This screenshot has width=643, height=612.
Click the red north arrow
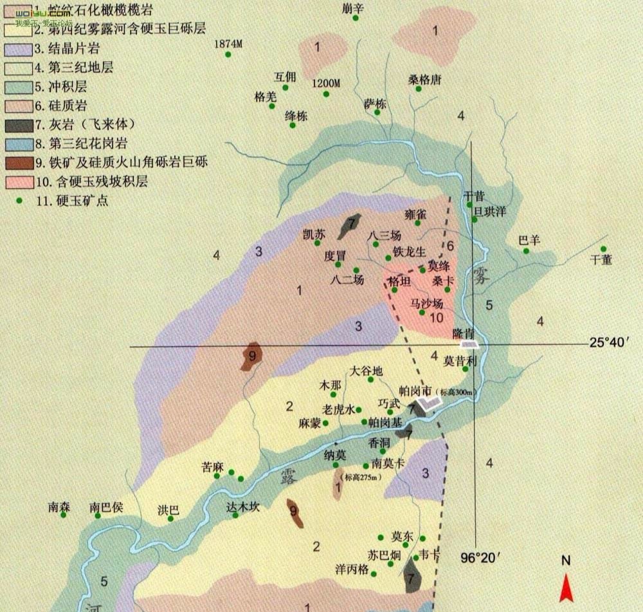[566, 587]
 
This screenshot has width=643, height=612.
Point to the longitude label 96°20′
[484, 557]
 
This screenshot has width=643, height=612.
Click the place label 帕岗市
[415, 391]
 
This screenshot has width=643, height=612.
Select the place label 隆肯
[464, 333]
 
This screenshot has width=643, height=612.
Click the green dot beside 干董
[603, 249]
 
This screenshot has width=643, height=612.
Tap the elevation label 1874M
[228, 44]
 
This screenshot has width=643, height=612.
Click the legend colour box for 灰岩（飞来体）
[19, 124]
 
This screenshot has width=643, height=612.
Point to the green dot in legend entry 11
[20, 200]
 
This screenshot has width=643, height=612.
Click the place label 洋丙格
[352, 569]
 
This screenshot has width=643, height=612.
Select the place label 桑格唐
[425, 80]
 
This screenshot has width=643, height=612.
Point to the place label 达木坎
[242, 506]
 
